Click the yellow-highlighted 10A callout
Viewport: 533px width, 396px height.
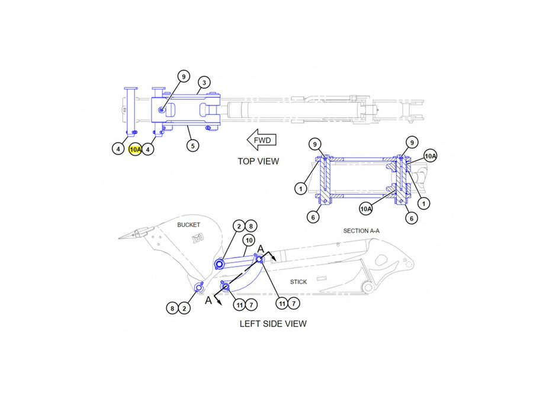(x=135, y=149)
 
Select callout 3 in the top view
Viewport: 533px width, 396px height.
(x=204, y=82)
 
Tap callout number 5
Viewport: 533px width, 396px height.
(x=192, y=146)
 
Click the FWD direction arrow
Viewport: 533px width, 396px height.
(x=261, y=140)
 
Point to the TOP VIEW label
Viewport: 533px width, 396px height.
(x=258, y=162)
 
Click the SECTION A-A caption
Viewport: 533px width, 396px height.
(x=361, y=231)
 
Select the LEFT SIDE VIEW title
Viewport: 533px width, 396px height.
(x=273, y=324)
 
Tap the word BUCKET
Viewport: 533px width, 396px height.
(x=189, y=225)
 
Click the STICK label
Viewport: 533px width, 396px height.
(x=298, y=282)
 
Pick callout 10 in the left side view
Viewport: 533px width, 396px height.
(x=249, y=240)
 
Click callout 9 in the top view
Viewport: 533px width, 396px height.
(x=184, y=76)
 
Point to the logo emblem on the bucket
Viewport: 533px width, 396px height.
(x=197, y=239)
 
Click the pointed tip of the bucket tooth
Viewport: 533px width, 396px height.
(x=118, y=238)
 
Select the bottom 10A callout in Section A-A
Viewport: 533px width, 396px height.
(x=366, y=209)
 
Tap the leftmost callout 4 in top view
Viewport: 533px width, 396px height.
(x=118, y=149)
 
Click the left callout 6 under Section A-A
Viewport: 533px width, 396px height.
(x=313, y=217)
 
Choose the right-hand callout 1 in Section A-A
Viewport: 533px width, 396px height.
(x=423, y=204)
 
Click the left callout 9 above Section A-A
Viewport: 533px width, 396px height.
(x=315, y=144)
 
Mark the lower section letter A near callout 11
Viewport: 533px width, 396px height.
(x=208, y=300)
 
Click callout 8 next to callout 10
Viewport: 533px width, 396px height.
(x=251, y=226)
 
